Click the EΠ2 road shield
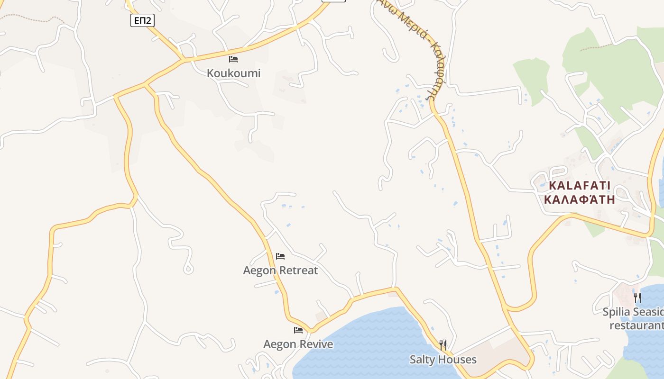142,20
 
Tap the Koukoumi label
233,73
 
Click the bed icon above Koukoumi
233,59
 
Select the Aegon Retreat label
280,271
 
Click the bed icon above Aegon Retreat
280,256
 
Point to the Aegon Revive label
298,344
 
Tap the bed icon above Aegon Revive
298,330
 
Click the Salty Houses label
443,360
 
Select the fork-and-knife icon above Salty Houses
443,345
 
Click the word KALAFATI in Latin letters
580,186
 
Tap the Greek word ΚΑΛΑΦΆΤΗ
580,199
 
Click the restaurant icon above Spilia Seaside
637,298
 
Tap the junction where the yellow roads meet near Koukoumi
183,60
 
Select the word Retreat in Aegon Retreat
298,271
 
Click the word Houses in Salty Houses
457,360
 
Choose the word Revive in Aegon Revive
315,344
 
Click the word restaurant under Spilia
636,325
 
